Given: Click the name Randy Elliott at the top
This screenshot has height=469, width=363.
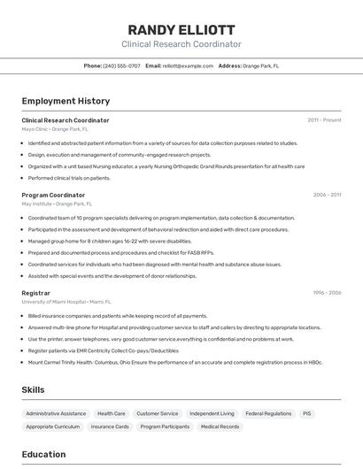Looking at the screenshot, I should tap(181, 29).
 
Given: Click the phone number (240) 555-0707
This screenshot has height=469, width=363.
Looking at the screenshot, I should tap(121, 65).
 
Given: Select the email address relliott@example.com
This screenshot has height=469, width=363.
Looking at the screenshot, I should tap(188, 65).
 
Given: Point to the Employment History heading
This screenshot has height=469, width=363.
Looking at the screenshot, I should tap(66, 101).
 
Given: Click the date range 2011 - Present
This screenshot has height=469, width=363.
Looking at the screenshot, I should tap(324, 120).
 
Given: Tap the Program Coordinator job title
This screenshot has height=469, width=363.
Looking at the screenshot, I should tap(53, 195).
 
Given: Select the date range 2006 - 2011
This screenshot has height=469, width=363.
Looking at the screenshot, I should tap(327, 195).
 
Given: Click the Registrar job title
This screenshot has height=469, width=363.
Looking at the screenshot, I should tap(35, 293).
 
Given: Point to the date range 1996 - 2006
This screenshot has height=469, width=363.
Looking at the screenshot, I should tap(327, 293).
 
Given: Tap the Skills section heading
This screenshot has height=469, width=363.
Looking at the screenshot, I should tap(34, 389).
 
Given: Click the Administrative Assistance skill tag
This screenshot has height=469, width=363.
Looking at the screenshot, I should tap(56, 413).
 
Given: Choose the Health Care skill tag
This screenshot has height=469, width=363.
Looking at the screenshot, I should tap(111, 413).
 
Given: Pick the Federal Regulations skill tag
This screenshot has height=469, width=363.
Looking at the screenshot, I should tap(268, 413).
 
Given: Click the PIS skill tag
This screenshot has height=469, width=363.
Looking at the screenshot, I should tap(307, 413).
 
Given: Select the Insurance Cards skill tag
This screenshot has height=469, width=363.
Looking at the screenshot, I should tap(110, 427).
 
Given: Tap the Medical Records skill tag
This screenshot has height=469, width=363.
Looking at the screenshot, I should tap(220, 427).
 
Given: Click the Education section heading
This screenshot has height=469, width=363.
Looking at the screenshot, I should tap(43, 455).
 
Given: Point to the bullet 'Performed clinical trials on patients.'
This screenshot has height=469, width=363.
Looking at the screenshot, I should tap(69, 178).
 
